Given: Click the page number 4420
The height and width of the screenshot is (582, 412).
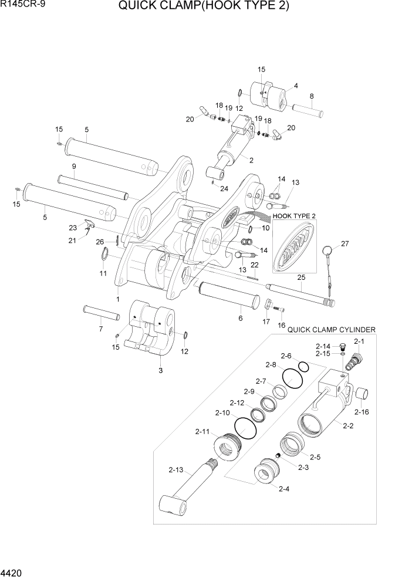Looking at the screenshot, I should pyautogui.click(x=13, y=571).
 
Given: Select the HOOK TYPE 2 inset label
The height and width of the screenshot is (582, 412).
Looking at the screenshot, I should pyautogui.click(x=294, y=216).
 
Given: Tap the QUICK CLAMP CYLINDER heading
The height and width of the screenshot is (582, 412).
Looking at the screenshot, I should pyautogui.click(x=331, y=330).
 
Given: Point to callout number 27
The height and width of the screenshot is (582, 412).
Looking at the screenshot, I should pyautogui.click(x=345, y=243).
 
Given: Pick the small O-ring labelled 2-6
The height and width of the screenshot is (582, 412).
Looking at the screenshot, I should pyautogui.click(x=303, y=367).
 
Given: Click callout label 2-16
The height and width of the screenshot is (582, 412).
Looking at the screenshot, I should pyautogui.click(x=362, y=412).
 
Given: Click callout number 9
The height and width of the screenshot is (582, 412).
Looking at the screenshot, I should pyautogui.click(x=75, y=167).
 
